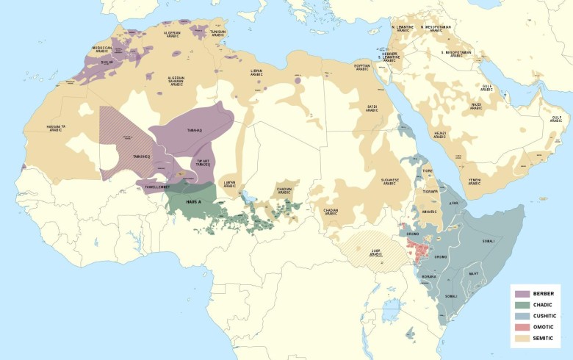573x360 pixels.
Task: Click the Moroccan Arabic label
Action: pos(102,49)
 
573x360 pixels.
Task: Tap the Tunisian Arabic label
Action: pos(217,33)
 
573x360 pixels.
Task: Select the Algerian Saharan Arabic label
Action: pos(176,82)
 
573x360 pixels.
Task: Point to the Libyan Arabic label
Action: pos(256,72)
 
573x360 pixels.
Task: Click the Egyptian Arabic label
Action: pos(362,66)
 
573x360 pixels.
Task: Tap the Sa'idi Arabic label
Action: pos(372,108)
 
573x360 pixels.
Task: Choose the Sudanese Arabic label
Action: pos(390,181)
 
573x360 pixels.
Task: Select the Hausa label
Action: pos(193,201)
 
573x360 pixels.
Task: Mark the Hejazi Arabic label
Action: pos(440,134)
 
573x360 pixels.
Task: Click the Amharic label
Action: pos(430,211)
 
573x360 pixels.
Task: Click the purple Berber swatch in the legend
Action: pos(522,293)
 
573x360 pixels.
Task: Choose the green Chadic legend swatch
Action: pos(522,304)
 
